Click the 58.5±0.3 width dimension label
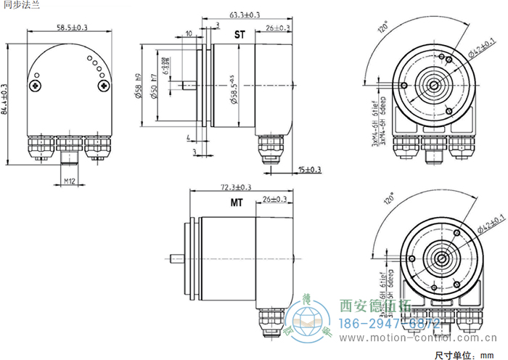point(72,28)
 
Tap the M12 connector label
point(70,179)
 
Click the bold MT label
point(237,203)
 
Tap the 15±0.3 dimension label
point(309,170)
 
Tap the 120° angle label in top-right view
point(383,30)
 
